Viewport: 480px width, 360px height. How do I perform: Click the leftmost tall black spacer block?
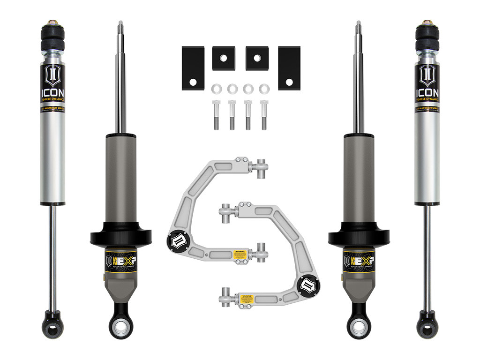(193, 68)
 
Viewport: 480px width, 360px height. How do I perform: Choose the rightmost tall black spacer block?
(289, 68)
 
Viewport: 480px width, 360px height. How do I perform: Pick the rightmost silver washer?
(264, 88)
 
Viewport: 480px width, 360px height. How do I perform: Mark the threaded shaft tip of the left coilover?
(120, 26)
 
